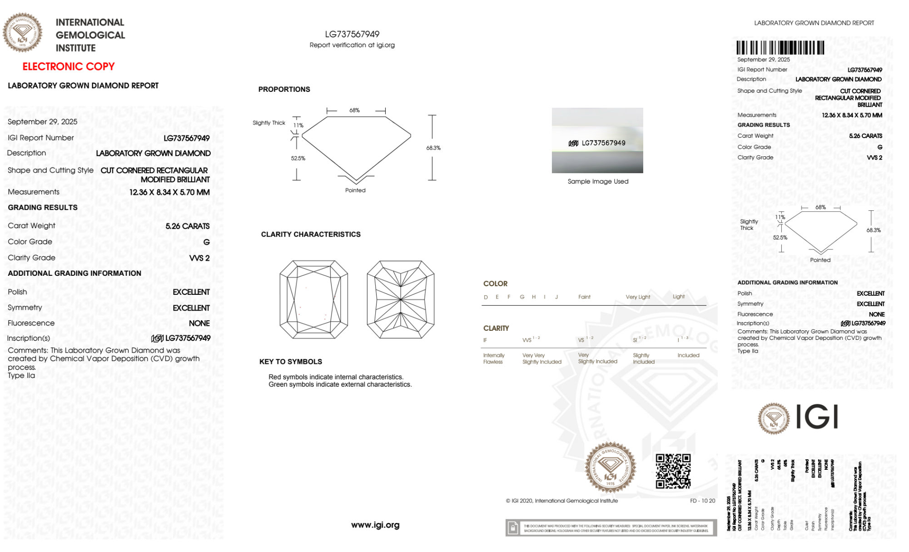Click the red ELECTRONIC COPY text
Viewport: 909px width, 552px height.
tap(69, 67)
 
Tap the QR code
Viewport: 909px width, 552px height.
tap(673, 471)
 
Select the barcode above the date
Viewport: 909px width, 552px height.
tap(780, 48)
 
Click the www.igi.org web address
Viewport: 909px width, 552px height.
tap(375, 525)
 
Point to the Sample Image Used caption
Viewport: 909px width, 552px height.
tap(598, 181)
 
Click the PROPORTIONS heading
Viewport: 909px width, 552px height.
tap(284, 90)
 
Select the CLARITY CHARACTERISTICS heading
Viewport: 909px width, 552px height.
tap(311, 234)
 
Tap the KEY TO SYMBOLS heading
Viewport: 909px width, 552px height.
tap(291, 362)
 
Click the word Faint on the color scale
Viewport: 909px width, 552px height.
tap(584, 297)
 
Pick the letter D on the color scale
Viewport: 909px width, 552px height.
tap(486, 297)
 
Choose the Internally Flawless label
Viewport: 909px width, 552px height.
tap(493, 359)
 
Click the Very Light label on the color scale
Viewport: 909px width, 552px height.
tap(638, 297)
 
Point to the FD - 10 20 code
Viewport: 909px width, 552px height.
tap(702, 501)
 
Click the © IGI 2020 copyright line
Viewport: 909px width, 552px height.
tap(562, 501)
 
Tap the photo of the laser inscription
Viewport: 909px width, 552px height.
tap(597, 140)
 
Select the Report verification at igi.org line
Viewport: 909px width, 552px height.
tap(352, 45)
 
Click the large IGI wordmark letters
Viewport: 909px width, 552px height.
tap(817, 417)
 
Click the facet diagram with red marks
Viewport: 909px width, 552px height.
tap(314, 299)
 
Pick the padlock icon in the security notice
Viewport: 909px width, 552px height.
tap(513, 528)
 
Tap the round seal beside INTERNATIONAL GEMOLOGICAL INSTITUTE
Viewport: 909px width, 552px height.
tap(22, 32)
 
